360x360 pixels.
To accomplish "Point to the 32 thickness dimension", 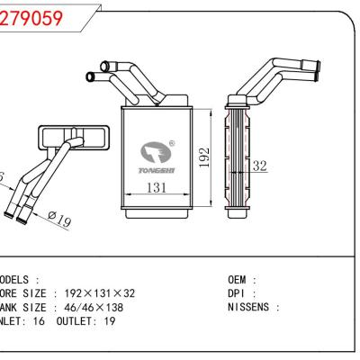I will coord(260,166).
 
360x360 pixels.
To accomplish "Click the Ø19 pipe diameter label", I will coord(58,219).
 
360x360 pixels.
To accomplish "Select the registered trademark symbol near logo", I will coord(173,142).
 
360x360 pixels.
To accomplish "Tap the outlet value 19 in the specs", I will coord(108,320).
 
